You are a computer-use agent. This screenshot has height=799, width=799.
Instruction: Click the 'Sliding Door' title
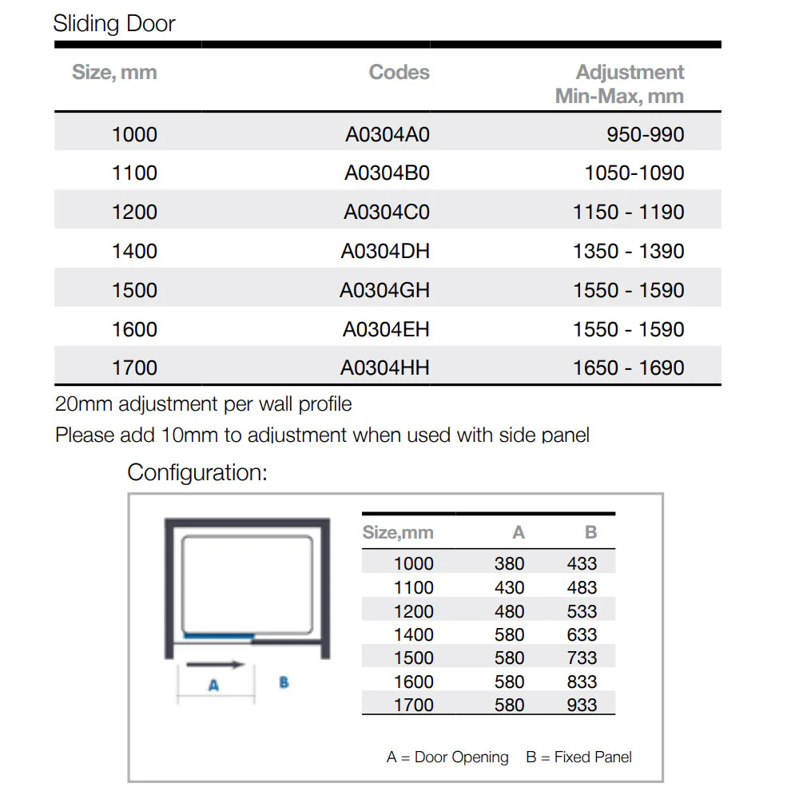[114, 23]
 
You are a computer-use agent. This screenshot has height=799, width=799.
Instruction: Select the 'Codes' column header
[399, 73]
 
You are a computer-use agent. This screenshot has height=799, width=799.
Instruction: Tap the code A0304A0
[387, 134]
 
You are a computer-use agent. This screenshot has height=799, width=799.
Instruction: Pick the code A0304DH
[385, 251]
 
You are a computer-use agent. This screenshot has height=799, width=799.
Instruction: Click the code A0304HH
[384, 368]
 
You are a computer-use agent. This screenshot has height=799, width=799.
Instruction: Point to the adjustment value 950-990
[645, 134]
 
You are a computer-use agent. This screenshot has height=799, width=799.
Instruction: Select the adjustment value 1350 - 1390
[628, 251]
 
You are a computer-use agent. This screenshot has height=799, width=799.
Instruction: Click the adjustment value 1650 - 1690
[628, 368]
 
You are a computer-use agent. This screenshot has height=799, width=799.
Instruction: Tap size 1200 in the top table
[134, 212]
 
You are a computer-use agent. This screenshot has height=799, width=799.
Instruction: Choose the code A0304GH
[384, 290]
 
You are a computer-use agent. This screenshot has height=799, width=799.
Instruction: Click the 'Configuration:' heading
[197, 472]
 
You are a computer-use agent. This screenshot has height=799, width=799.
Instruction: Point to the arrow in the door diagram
[214, 664]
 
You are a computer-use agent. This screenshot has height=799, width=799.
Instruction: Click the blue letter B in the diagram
[284, 683]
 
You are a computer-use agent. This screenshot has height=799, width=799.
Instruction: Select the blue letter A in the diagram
[213, 686]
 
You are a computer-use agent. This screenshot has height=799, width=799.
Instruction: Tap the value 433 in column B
[582, 563]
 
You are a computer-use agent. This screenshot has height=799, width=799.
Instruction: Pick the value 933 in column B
[582, 705]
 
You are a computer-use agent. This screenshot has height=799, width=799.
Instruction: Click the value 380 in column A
[509, 563]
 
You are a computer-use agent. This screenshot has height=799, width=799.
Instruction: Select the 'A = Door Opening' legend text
[447, 757]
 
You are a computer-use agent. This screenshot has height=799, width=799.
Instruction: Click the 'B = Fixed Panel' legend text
[578, 757]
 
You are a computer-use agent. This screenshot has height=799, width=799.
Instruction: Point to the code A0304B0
[387, 173]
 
